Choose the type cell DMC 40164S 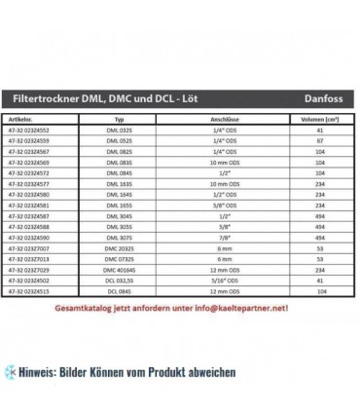(x=135, y=265)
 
